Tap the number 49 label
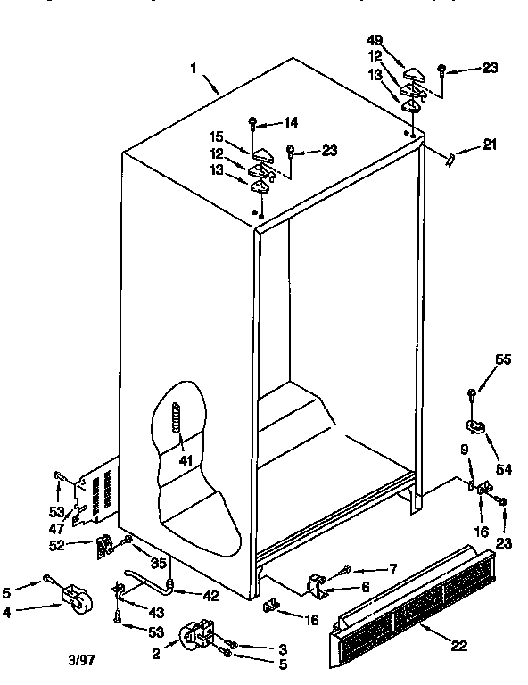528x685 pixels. click(x=374, y=39)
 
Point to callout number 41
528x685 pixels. click(x=185, y=462)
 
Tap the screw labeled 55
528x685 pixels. click(x=472, y=392)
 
